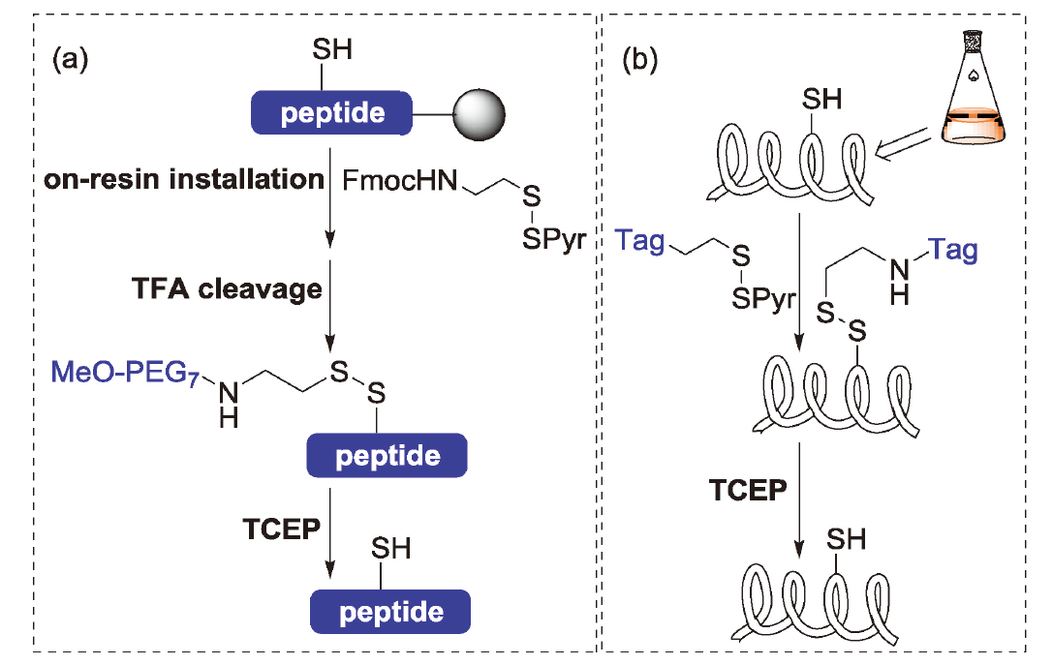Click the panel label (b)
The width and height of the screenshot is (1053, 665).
(x=639, y=61)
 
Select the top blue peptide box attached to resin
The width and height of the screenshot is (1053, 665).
(x=332, y=113)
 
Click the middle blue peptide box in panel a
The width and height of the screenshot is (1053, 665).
(x=387, y=455)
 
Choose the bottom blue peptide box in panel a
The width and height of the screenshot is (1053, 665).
(x=390, y=612)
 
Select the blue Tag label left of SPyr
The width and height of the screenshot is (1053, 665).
(x=640, y=240)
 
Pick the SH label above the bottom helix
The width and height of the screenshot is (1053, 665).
(x=845, y=539)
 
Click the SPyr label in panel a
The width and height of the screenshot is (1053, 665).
(x=554, y=239)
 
